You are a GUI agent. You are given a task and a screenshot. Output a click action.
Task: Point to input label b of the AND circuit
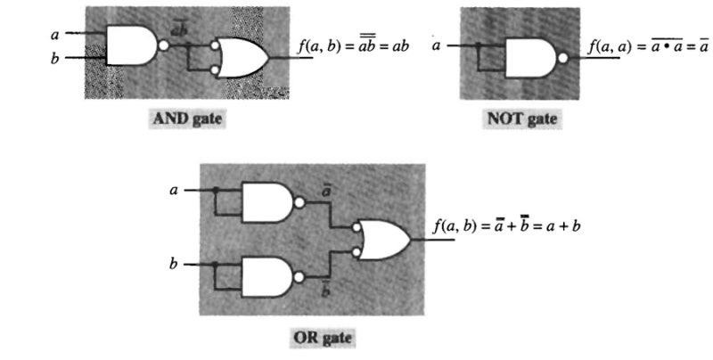click(56, 59)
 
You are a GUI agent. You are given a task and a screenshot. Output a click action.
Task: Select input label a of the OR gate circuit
click(175, 190)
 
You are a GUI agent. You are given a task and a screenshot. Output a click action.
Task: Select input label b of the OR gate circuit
click(175, 265)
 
